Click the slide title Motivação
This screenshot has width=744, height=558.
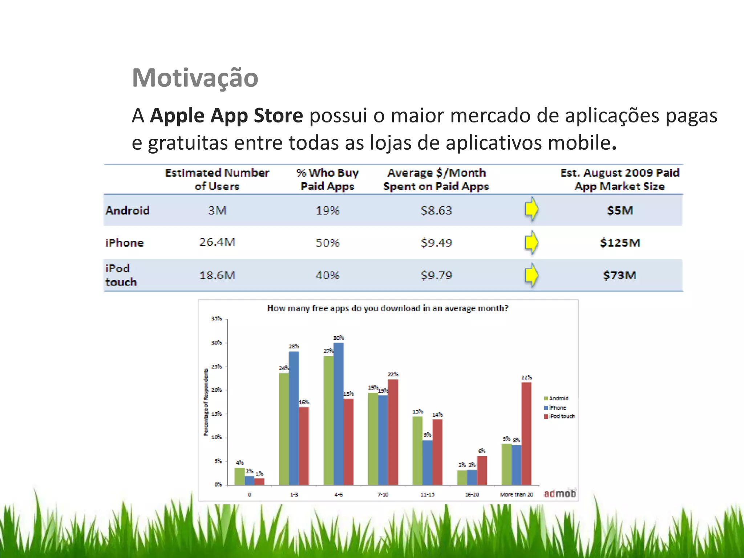point(195,78)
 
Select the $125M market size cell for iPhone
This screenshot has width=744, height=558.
point(620,243)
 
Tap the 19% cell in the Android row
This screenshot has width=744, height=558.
point(327,211)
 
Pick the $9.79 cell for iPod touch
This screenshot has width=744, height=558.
point(436,275)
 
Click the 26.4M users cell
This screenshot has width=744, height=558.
point(217,242)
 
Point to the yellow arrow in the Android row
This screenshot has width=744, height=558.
point(531,209)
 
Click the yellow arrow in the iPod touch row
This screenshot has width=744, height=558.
point(531,275)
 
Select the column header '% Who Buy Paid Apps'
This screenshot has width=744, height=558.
point(327,179)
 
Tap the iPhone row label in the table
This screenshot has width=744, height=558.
point(124,243)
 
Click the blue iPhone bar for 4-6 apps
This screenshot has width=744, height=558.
point(338,414)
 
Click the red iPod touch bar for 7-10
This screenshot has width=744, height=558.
point(393,432)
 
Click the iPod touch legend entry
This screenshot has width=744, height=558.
point(560,416)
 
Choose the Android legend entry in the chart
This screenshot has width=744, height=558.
point(557,399)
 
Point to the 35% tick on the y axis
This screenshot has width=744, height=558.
point(217,319)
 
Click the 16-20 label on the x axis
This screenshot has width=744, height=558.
point(472,494)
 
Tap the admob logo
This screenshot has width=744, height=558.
point(559,493)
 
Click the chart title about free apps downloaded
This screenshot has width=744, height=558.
point(388,308)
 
